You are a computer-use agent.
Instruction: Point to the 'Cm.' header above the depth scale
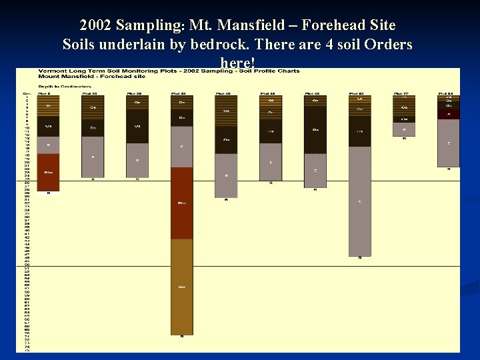pyautogui.click(x=28, y=93)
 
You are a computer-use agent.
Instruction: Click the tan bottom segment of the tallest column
pyautogui.click(x=182, y=287)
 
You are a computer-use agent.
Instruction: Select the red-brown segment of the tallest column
pyautogui.click(x=182, y=203)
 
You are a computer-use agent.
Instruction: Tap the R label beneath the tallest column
pyautogui.click(x=182, y=337)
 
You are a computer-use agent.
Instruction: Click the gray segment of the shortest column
pyautogui.click(x=404, y=129)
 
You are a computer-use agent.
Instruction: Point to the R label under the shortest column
pyautogui.click(x=404, y=139)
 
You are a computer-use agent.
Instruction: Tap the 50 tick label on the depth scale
pyautogui.click(x=28, y=267)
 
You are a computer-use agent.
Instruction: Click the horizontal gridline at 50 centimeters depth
pyautogui.click(x=267, y=267)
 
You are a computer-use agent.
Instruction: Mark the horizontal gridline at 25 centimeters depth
pyautogui.click(x=267, y=181)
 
